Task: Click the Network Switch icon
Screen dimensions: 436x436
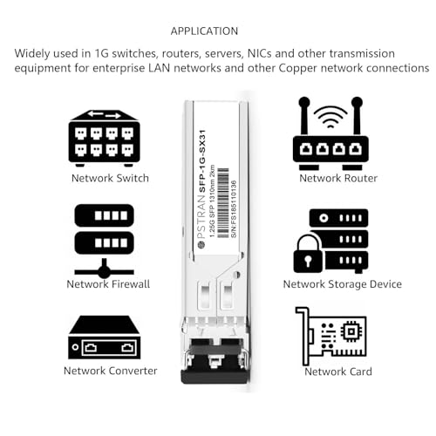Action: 104,136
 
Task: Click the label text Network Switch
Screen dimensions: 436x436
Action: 110,178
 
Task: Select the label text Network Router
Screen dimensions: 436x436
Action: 338,178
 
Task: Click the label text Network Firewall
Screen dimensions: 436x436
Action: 108,283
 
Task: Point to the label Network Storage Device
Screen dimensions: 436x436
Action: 342,283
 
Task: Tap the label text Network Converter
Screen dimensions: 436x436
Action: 110,371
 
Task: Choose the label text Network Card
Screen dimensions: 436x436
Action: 338,371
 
